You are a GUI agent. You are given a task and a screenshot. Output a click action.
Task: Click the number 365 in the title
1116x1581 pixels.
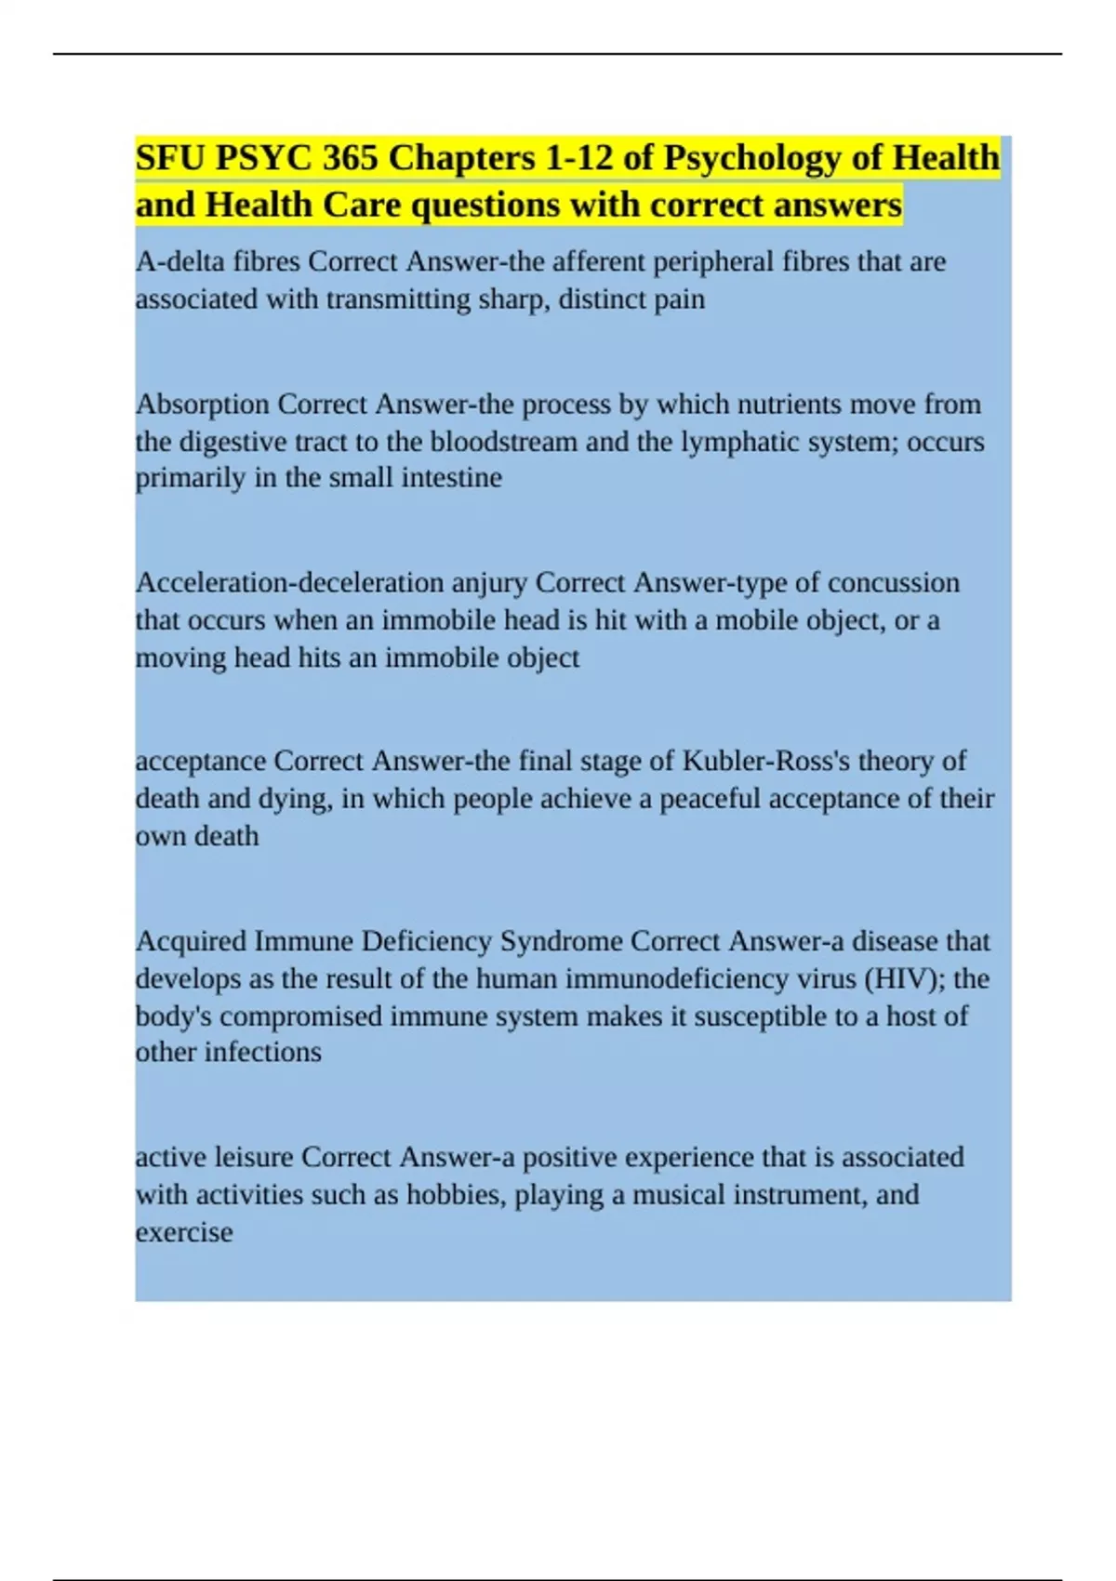pos(350,158)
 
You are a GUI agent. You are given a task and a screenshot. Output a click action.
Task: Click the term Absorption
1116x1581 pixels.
pos(203,405)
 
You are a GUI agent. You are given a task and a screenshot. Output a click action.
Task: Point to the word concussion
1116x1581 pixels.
pos(893,583)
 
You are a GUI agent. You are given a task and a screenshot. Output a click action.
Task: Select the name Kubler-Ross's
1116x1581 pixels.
pos(765,762)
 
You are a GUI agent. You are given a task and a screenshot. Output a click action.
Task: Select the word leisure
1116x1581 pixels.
pos(254,1158)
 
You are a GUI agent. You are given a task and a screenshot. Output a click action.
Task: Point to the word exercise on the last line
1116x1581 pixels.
pos(184,1232)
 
